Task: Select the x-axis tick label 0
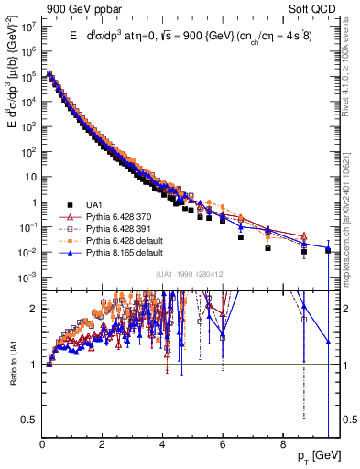pyautogui.click(x=42, y=448)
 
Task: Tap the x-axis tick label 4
pyautogui.click(x=162, y=448)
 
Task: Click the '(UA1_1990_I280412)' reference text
pyautogui.click(x=191, y=274)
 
